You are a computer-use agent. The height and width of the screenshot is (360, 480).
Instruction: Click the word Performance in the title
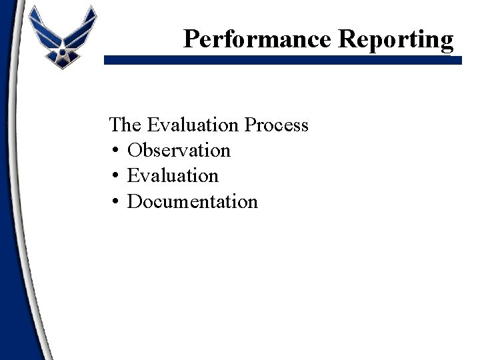coord(258,39)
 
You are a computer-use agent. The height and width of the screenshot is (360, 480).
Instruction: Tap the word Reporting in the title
coord(396,39)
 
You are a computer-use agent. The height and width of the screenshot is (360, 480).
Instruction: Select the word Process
coord(277,125)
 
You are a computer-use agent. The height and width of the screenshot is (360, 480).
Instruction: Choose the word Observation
coord(179,151)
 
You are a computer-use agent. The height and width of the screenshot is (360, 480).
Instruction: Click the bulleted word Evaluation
coord(173,176)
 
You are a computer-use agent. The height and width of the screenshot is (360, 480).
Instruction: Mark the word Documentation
coord(192,201)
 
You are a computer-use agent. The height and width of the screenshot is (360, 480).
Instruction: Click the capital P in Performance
coord(191,39)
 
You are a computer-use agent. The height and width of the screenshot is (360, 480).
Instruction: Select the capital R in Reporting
coord(347,39)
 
